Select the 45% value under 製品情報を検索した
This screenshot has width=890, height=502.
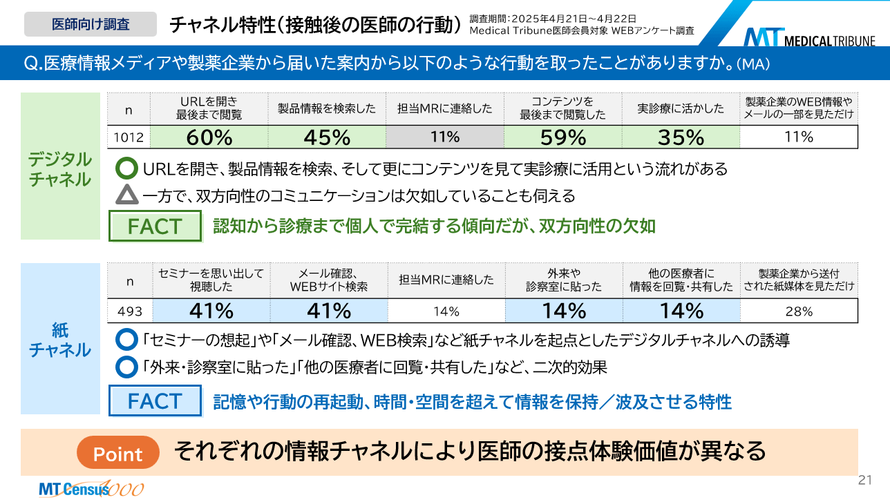[x=327, y=137]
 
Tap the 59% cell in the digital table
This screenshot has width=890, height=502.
[x=562, y=137]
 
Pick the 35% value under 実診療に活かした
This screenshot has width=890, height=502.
[x=681, y=137]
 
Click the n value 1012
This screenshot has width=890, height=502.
[x=129, y=137]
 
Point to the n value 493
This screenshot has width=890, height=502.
[x=129, y=311]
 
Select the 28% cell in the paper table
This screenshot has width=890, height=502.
[x=799, y=311]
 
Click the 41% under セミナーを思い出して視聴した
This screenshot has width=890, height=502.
[x=211, y=311]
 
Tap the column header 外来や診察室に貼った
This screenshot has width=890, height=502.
[x=564, y=280]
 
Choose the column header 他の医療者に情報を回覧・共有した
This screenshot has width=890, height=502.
[x=681, y=280]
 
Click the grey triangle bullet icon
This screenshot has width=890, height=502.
[x=127, y=195]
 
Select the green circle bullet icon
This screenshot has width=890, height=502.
[x=127, y=168]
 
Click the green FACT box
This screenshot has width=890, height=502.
[x=155, y=226]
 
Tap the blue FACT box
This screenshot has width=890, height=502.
[x=155, y=401]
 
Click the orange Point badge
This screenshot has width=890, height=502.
[x=117, y=454]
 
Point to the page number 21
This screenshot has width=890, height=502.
[x=864, y=480]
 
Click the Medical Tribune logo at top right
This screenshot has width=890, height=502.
[x=809, y=37]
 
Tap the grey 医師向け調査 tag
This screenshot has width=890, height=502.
[x=91, y=24]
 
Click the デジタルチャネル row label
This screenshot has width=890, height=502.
[x=59, y=169]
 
